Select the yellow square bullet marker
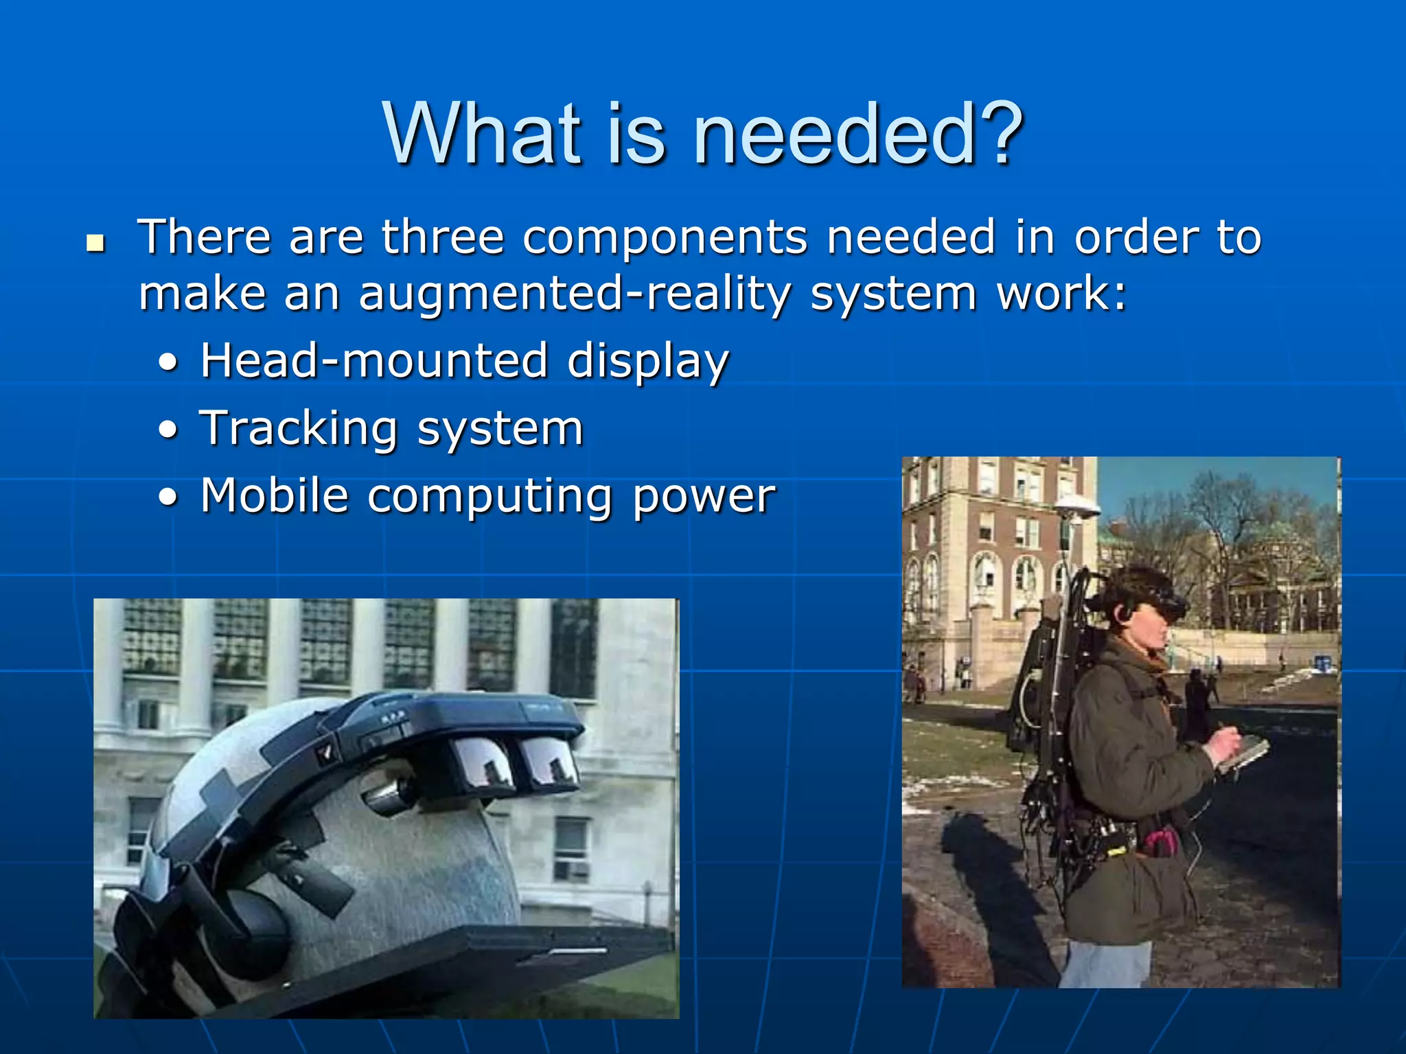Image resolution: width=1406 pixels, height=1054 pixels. (x=95, y=243)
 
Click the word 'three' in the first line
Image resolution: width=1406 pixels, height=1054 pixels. (x=443, y=237)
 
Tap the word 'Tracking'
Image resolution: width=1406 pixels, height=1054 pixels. (x=299, y=429)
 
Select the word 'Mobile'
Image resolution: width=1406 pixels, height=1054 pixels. (x=275, y=495)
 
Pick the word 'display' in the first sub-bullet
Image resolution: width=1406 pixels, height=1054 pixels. (x=647, y=362)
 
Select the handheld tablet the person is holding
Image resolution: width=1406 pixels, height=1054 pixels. (x=1243, y=753)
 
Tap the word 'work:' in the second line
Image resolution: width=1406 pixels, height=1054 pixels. (x=1061, y=294)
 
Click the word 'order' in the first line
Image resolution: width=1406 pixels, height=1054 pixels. (x=1136, y=237)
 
